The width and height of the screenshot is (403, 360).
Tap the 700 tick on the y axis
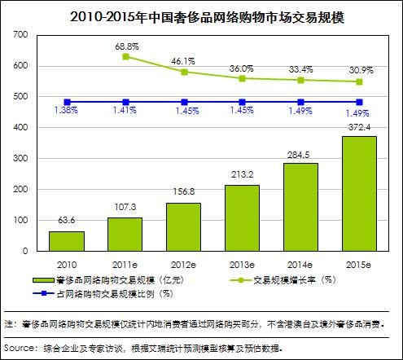coord(20,35)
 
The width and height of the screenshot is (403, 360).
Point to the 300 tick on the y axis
coord(20,159)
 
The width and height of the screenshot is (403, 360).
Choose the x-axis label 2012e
coord(183,264)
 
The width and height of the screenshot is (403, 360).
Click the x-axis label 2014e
coord(300,264)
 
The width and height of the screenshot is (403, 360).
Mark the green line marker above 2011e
coord(125,56)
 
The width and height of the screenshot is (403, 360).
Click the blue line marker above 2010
coord(66,102)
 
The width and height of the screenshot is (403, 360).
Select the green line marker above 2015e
coord(359,81)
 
